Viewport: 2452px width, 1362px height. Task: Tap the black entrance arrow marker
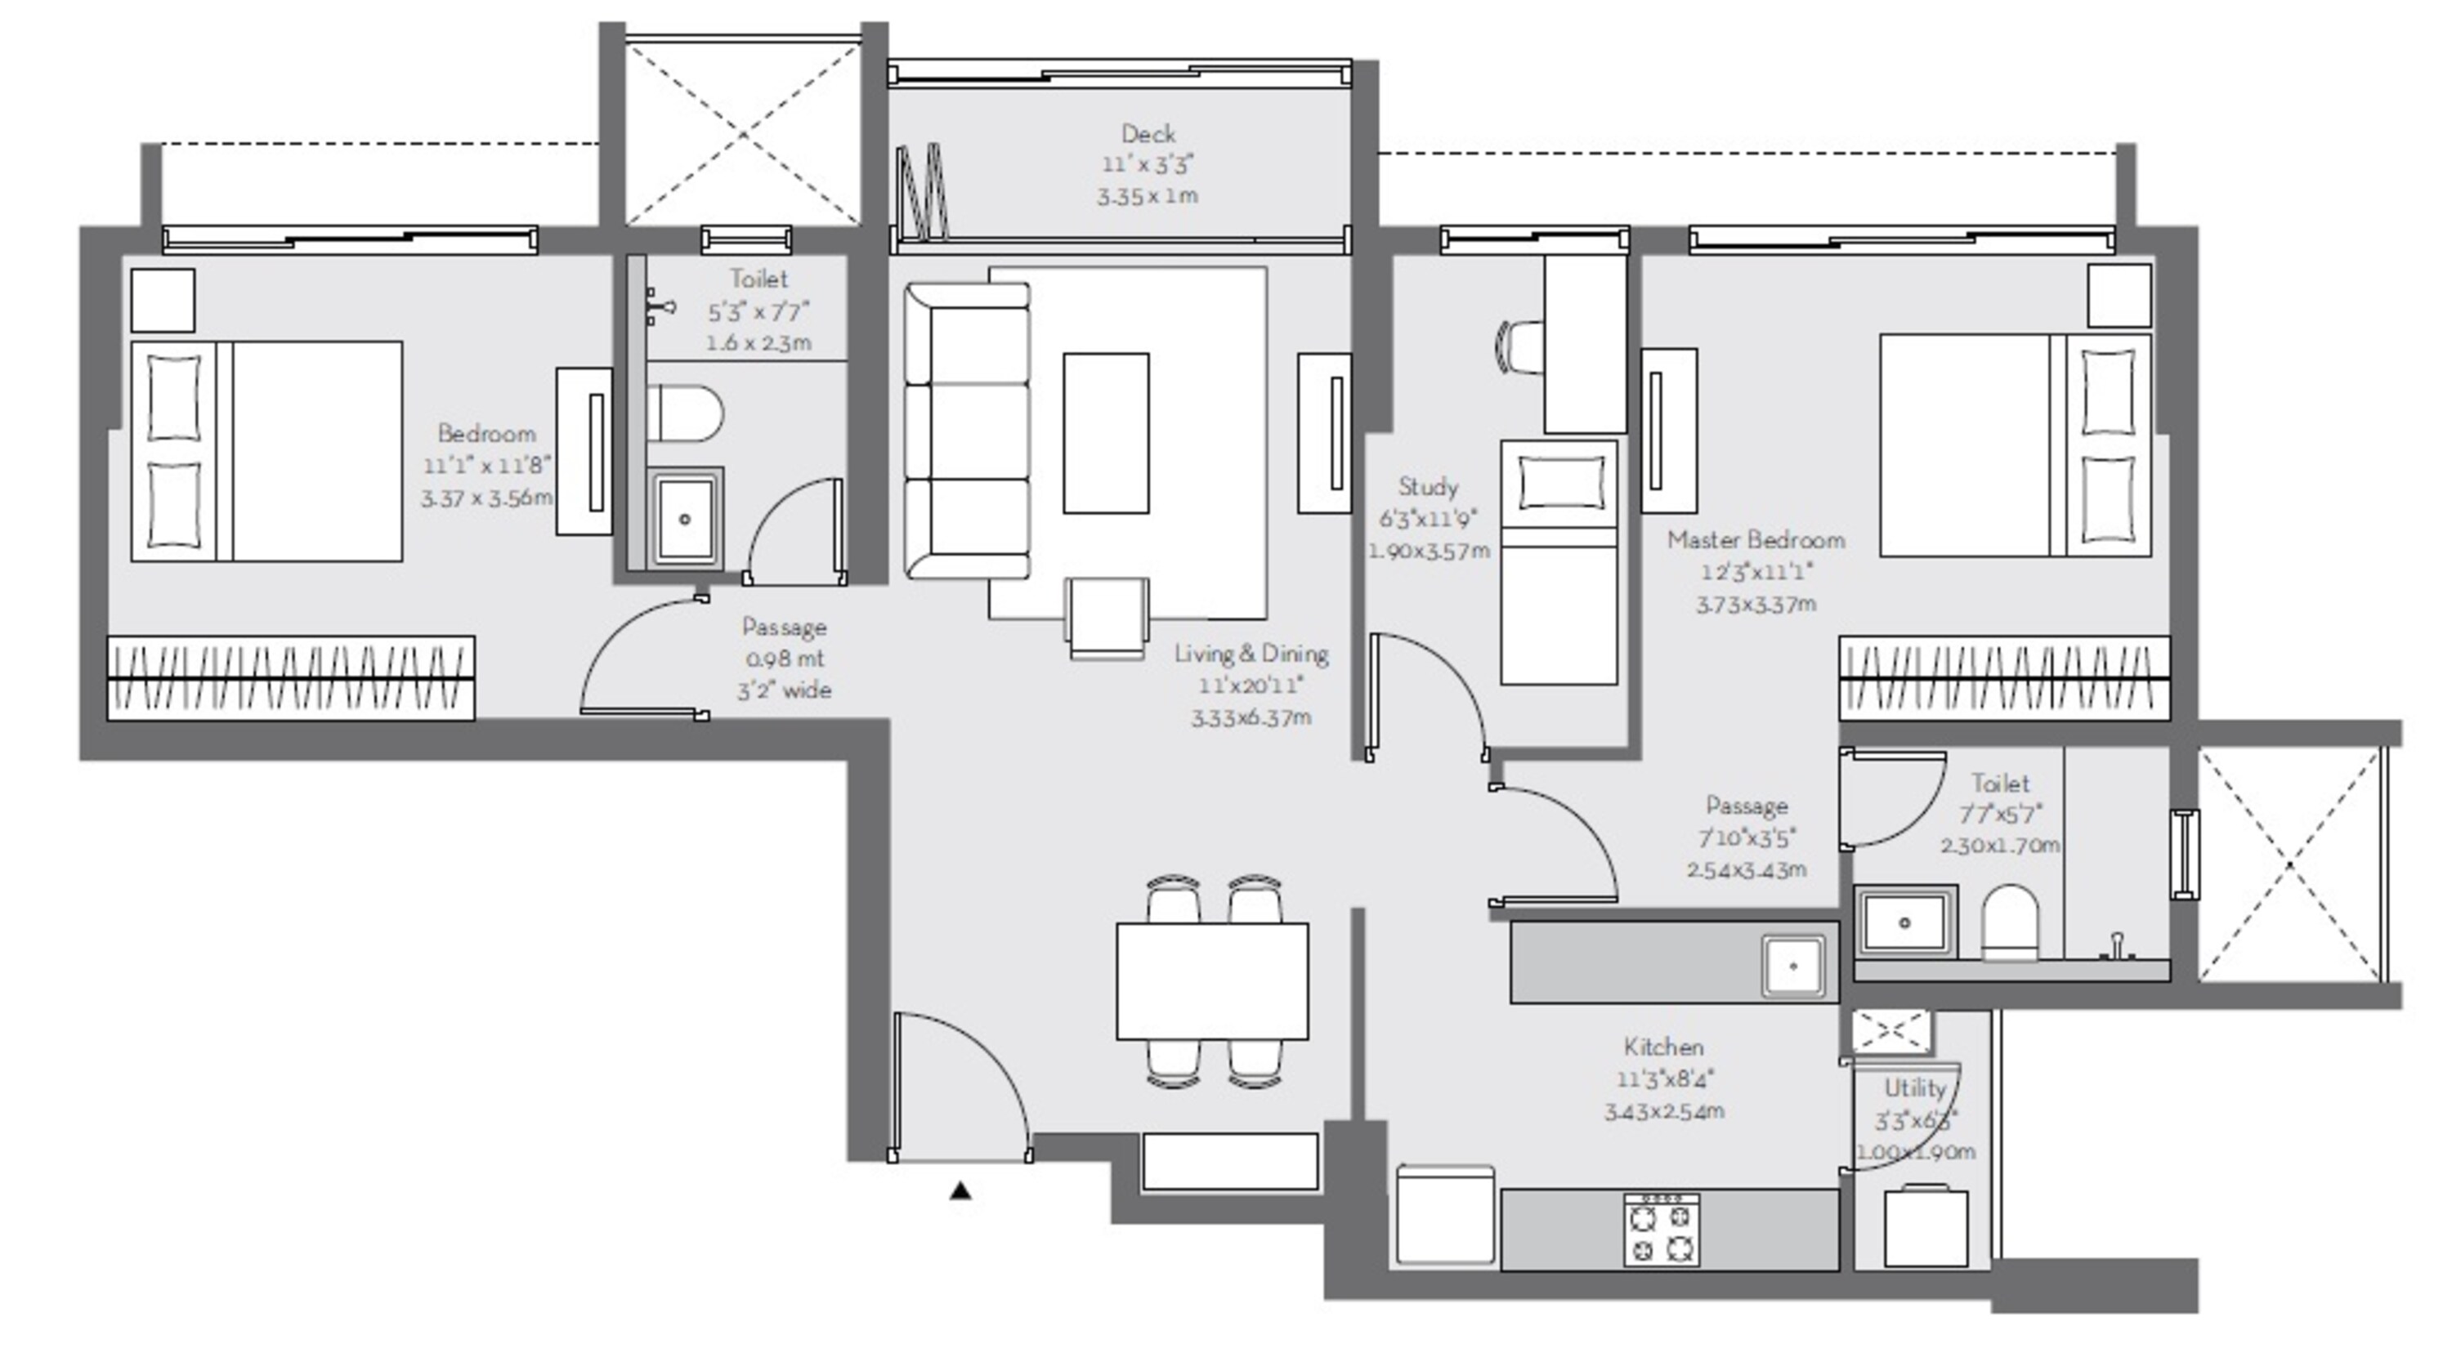tap(960, 1190)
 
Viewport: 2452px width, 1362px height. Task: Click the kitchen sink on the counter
tap(1792, 966)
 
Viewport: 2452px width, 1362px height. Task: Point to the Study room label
tap(1428, 487)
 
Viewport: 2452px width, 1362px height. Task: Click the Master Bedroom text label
tap(1756, 541)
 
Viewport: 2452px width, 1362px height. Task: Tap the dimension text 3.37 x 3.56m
tap(486, 498)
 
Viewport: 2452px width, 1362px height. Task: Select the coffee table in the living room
tap(1105, 433)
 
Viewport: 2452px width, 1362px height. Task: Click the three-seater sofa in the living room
tap(967, 431)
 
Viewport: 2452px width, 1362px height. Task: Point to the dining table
tap(1212, 980)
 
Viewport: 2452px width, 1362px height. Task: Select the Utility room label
tap(1914, 1089)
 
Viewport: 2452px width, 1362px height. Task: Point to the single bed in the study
tap(1558, 561)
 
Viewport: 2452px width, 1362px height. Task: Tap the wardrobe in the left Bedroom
tap(290, 677)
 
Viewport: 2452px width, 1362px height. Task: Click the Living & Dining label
tap(1251, 654)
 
